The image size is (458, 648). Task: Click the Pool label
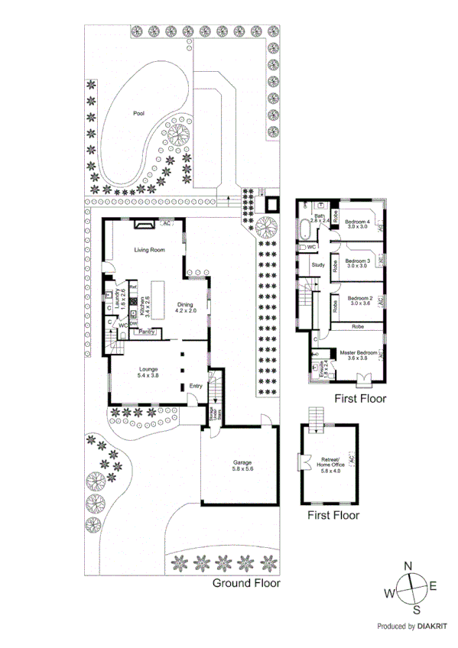click(138, 113)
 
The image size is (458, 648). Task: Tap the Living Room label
click(150, 250)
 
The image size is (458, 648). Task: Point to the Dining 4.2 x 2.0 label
click(186, 307)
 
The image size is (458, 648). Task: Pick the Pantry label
click(148, 332)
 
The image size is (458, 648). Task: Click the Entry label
click(196, 386)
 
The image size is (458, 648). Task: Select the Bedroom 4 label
click(358, 224)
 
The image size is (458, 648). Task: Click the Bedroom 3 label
click(358, 262)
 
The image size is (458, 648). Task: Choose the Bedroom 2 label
click(359, 300)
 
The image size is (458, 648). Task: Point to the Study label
click(318, 265)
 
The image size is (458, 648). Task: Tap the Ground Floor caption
click(245, 583)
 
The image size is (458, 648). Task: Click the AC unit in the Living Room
click(166, 223)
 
